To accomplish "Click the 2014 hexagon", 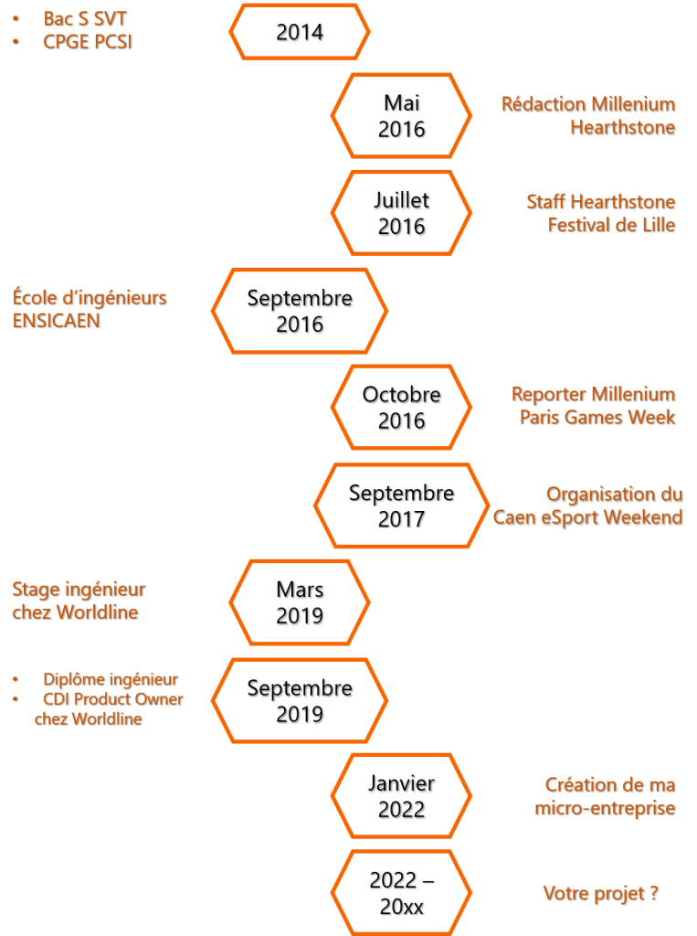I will click(300, 33).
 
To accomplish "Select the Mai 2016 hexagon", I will click(402, 116).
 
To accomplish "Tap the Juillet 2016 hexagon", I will click(402, 213).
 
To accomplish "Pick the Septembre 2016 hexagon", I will click(300, 311).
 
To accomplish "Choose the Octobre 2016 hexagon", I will click(402, 409).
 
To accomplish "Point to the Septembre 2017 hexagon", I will click(402, 506).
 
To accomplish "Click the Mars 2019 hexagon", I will click(300, 603).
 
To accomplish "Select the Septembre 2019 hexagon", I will click(300, 701).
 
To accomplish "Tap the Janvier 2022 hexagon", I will click(402, 797).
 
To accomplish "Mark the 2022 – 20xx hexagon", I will click(402, 894).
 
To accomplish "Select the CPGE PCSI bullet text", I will click(88, 42).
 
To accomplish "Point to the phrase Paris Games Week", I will click(598, 418).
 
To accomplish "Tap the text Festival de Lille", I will click(612, 225).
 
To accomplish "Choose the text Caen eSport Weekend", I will click(588, 517).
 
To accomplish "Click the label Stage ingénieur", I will click(79, 590).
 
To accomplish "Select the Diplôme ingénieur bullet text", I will click(111, 680).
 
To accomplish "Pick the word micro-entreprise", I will click(606, 808).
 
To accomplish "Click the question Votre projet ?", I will click(601, 894).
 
